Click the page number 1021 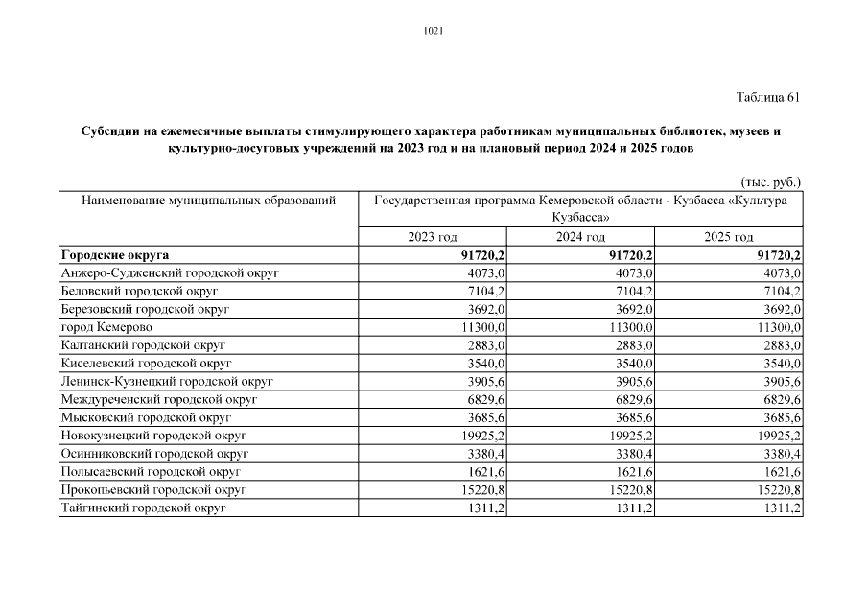433,31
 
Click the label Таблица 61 767,97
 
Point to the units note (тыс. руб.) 770,181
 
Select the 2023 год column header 432,237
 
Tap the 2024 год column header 581,237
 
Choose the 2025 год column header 729,237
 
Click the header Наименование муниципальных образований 209,201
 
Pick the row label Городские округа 114,255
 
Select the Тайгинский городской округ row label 143,508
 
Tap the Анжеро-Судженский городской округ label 169,273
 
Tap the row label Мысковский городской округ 146,417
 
